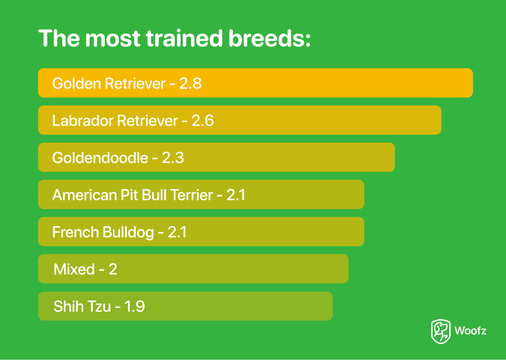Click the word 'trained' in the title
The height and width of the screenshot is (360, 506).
coord(184,39)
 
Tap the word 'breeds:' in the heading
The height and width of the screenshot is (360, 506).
coord(269,39)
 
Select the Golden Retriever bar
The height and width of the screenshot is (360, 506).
coord(256,83)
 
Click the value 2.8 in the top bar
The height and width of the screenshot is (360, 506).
coord(191,84)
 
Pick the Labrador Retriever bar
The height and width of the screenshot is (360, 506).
coord(240,120)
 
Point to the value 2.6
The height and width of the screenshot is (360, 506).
coord(203,121)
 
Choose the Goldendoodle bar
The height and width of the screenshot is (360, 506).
coord(217,157)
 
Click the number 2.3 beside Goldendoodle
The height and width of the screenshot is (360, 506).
coord(173,158)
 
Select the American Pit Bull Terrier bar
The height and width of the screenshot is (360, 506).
coord(201,194)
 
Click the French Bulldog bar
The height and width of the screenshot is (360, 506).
coord(201,232)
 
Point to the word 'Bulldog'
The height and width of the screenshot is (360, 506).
coord(128,233)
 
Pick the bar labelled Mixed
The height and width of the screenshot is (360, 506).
coord(193,268)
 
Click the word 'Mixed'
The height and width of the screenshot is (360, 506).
coord(74,269)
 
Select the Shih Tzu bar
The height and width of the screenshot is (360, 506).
coord(185,306)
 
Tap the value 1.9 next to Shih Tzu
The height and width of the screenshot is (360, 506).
coord(135,307)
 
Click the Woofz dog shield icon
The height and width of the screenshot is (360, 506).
coord(440,331)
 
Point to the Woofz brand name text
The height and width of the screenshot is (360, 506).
coord(470,331)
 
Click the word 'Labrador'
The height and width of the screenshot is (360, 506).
coord(83,121)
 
